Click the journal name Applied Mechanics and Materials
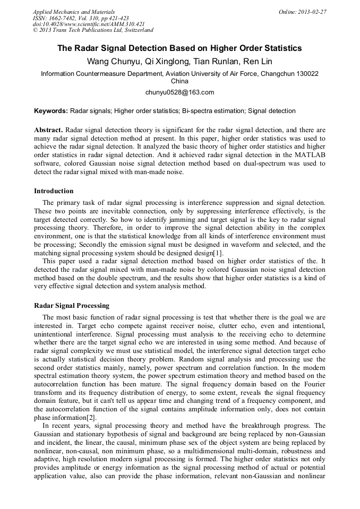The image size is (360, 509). (73, 12)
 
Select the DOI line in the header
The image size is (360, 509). (89, 24)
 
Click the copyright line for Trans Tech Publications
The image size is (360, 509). (93, 30)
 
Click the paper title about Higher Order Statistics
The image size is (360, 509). (179, 48)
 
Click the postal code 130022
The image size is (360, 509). (304, 74)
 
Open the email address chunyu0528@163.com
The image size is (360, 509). (179, 92)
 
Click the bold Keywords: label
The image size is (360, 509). (51, 111)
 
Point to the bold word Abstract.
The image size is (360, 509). (48, 130)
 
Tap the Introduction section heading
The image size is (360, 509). (54, 191)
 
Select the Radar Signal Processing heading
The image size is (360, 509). (72, 306)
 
